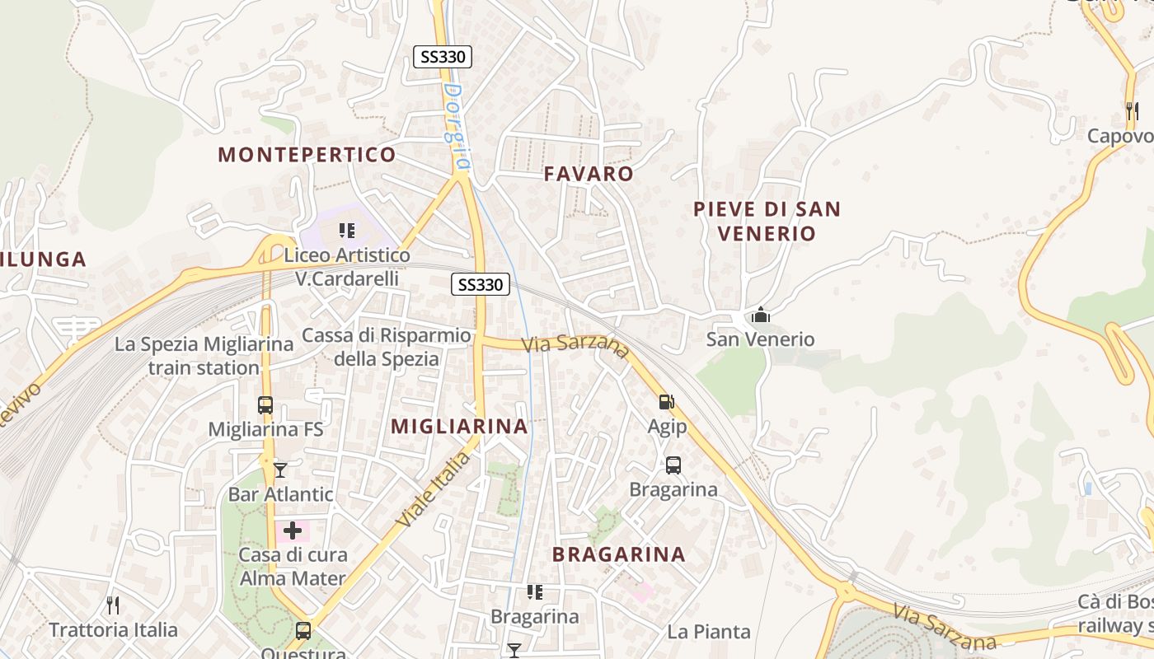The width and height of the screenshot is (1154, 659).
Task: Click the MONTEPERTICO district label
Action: pos(307,155)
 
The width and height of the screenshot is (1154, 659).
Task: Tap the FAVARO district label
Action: pos(589,174)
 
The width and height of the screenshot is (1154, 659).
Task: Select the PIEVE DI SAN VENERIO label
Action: pos(767,221)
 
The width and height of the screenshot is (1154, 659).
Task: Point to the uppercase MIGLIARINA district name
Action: pos(459,426)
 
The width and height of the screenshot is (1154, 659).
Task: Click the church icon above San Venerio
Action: pos(760,315)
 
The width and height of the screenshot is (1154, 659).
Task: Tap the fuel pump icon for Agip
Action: pos(666,402)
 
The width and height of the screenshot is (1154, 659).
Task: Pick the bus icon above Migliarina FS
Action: pos(265,405)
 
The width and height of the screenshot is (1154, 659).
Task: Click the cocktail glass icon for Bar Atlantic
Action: pos(280,470)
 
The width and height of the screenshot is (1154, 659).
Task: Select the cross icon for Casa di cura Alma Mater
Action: pos(293,530)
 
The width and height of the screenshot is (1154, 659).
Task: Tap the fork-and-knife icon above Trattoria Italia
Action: pos(113,605)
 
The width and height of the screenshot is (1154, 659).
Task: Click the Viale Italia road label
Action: pos(432,489)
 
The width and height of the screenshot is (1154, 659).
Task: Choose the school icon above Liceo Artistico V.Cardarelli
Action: pos(347,231)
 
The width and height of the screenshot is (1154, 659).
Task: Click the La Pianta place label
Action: pos(709,632)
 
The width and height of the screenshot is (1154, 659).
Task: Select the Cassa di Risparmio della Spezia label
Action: pos(387,347)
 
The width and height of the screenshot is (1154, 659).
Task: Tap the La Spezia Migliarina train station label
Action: pos(204,356)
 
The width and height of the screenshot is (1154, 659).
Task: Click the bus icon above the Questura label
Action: pos(303,631)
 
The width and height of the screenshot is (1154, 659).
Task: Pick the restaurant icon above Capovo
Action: pos(1132,110)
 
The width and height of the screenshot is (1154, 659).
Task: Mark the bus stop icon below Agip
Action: pos(673,465)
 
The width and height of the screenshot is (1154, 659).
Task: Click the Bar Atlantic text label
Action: pos(280,494)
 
